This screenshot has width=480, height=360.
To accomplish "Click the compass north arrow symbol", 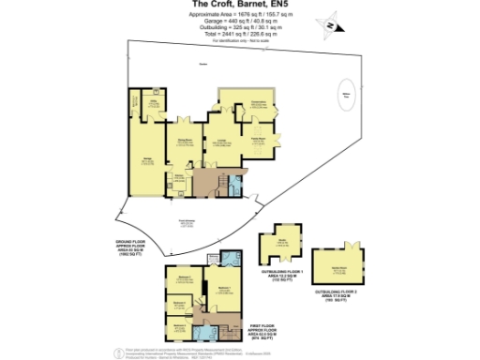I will tap(329, 24).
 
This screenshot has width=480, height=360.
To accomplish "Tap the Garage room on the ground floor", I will tap(148, 162).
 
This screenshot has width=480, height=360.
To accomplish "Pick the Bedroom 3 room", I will tap(179, 305).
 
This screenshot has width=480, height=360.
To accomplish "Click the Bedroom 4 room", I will tap(179, 327).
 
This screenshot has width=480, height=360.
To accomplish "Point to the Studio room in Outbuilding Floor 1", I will tap(282, 242).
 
